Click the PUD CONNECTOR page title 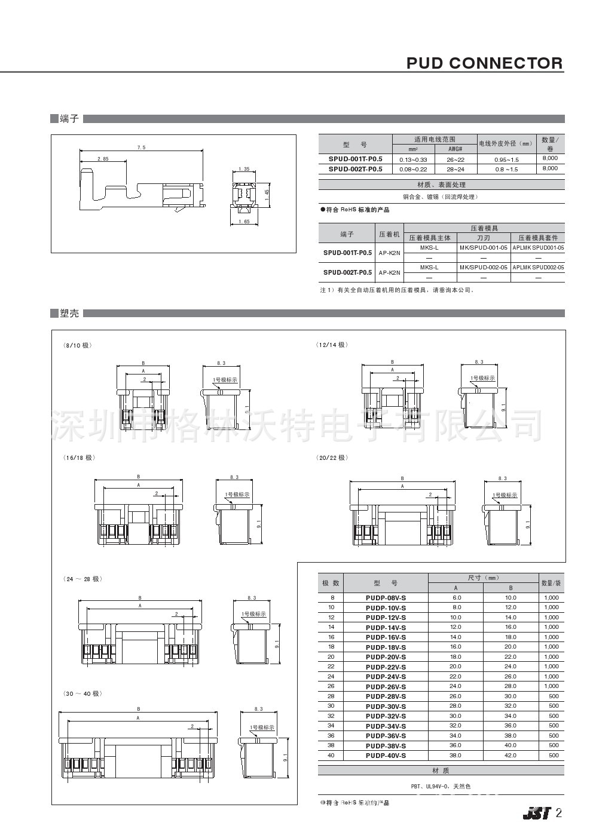484,63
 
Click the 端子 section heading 69,119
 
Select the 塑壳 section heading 69,313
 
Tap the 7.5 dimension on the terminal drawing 141,148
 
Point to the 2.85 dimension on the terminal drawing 103,159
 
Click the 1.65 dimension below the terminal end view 244,222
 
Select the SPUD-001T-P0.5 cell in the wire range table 355,159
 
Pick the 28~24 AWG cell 456,168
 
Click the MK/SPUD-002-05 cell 484,268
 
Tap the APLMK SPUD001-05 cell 538,247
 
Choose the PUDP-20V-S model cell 386,656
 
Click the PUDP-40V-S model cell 386,756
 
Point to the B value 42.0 510,756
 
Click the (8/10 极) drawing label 78,345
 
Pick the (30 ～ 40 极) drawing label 82,693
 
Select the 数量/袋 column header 550,583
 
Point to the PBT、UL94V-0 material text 441,787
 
